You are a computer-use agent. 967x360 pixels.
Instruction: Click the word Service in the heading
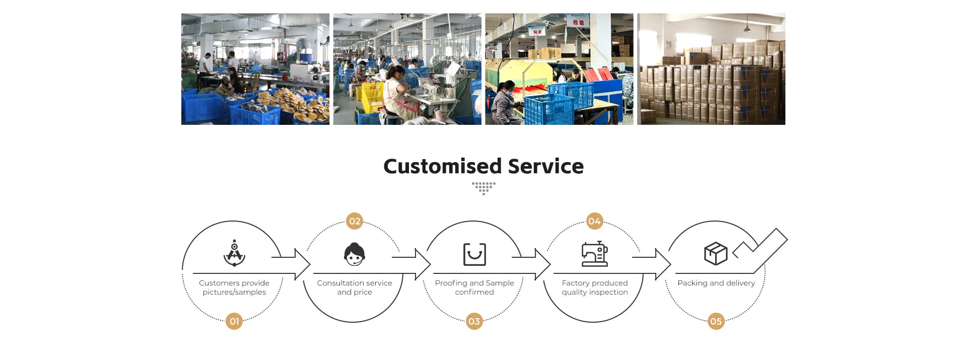(546, 167)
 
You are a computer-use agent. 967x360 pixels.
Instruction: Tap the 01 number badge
(234, 321)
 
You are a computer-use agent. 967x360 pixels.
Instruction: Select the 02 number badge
(355, 221)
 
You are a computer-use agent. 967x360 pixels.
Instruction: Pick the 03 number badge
(474, 321)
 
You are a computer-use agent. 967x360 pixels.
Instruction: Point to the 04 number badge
(594, 221)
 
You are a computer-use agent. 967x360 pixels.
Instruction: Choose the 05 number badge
(716, 321)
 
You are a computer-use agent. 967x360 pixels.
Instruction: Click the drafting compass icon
(234, 253)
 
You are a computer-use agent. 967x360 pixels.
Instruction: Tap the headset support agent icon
(355, 254)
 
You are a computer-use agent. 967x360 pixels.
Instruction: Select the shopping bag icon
(474, 254)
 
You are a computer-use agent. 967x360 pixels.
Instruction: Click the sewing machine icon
(594, 254)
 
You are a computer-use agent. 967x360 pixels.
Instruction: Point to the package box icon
(716, 254)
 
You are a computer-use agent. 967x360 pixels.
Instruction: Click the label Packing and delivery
(716, 283)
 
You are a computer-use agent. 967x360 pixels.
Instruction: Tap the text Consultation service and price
(355, 287)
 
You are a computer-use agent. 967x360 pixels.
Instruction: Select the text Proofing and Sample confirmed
(474, 287)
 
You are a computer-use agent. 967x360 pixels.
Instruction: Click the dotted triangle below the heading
(483, 188)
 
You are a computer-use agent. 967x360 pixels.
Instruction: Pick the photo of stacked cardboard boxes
(711, 69)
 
